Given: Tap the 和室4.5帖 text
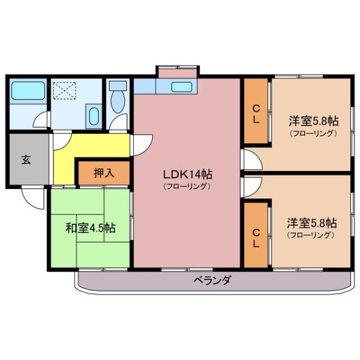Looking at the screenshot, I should (x=91, y=228).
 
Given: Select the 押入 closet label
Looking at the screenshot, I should (x=104, y=173).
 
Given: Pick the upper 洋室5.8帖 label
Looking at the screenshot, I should (x=312, y=121).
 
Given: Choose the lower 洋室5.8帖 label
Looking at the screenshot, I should (x=311, y=223).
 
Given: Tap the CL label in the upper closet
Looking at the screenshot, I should (x=256, y=114).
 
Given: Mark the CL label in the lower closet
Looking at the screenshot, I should (x=256, y=238).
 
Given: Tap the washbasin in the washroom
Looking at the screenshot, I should (x=94, y=115).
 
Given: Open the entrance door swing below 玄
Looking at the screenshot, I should (x=32, y=195).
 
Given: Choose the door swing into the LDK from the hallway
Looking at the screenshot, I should (x=142, y=143).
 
